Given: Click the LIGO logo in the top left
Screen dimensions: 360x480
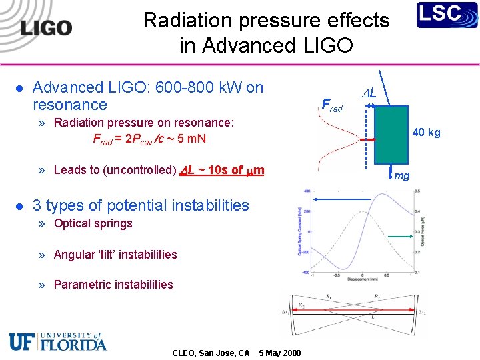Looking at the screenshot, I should click(x=45, y=27).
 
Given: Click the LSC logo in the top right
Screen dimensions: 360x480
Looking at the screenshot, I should click(x=447, y=15).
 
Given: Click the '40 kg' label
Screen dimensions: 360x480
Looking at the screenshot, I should click(x=426, y=133).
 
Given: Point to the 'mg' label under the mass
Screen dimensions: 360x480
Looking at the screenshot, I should click(x=401, y=176).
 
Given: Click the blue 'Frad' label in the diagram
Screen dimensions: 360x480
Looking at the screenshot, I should click(x=331, y=105).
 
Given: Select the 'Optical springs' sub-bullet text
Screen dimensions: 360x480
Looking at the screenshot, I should click(x=93, y=223).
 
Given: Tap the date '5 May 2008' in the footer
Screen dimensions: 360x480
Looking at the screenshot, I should click(x=279, y=353).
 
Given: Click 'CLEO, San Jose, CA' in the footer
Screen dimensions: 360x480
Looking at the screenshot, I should click(x=211, y=353).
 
